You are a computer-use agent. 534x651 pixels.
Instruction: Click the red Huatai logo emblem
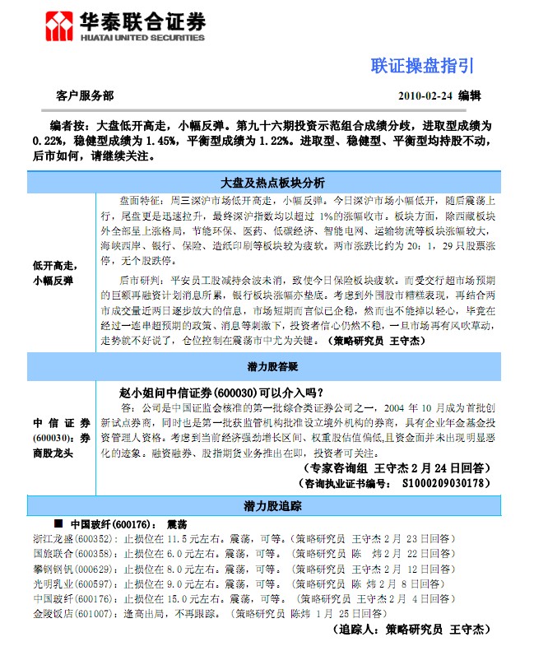59,26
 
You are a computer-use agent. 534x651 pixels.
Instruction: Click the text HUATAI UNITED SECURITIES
142,37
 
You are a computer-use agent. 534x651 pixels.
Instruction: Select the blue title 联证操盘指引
422,65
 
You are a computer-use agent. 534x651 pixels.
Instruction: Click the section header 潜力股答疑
273,365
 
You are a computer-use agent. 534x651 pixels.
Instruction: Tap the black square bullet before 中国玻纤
58,523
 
